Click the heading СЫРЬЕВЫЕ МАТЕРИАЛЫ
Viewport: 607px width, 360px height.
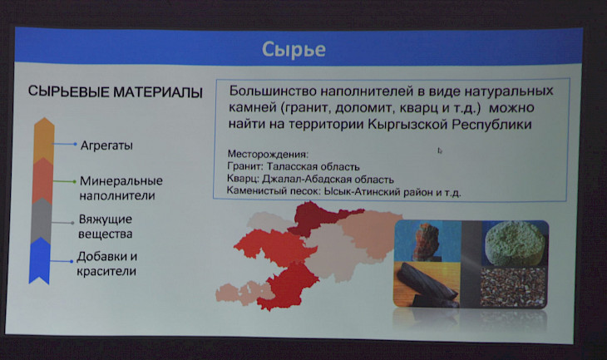click(115, 92)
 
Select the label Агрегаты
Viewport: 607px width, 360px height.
click(106, 145)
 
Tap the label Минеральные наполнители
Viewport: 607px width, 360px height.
click(121, 188)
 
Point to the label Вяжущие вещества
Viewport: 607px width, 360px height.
click(106, 226)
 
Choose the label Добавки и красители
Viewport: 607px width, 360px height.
click(106, 264)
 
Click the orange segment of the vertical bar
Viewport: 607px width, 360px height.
click(44, 141)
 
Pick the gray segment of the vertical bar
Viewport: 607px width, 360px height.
click(41, 221)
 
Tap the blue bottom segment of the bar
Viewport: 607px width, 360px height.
click(39, 261)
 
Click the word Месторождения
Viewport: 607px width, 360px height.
click(268, 154)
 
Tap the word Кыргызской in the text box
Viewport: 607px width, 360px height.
click(407, 125)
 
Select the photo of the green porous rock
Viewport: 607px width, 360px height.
click(515, 243)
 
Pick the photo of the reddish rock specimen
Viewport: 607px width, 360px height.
click(427, 242)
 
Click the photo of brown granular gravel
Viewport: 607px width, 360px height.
click(513, 287)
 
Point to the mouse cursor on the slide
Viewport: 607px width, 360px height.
click(439, 150)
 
